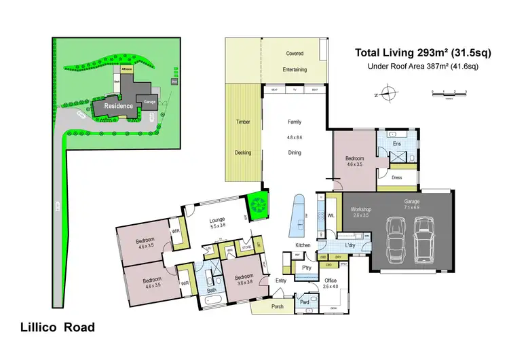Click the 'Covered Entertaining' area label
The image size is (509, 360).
295,61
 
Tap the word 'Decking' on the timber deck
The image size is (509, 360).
243,152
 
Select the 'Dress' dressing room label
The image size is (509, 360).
397,178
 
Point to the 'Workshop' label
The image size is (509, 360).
360,211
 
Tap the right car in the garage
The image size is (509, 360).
426,238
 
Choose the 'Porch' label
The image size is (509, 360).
259,306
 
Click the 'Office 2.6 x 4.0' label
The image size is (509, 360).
330,283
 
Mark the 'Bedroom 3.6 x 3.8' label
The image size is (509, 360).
244,280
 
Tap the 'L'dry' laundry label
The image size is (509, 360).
350,245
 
